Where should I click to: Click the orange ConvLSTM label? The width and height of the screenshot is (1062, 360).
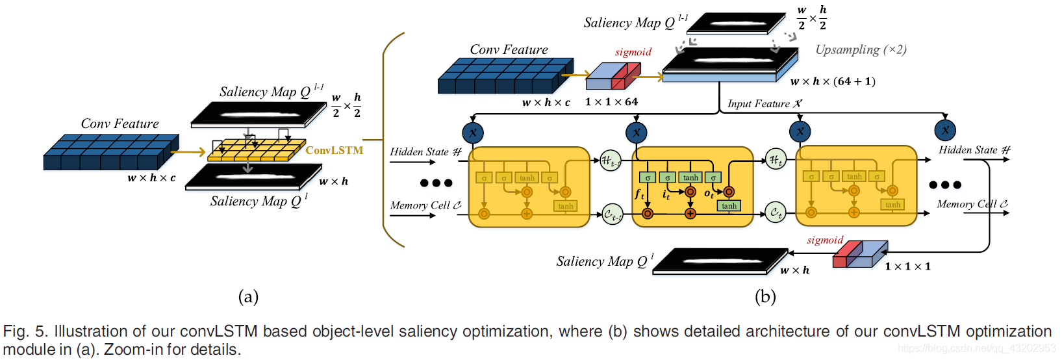tap(334, 150)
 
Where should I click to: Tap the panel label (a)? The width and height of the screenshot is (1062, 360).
tap(248, 297)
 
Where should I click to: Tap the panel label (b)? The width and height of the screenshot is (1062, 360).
tap(765, 297)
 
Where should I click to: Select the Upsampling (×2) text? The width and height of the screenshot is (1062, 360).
tap(861, 50)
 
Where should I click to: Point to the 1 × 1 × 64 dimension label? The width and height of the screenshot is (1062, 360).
tap(611, 102)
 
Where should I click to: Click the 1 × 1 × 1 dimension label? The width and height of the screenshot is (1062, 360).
tap(907, 266)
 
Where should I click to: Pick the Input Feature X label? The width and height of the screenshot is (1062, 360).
tap(765, 104)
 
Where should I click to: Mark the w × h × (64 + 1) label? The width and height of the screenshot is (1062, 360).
tap(833, 81)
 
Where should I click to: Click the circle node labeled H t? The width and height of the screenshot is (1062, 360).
tap(776, 159)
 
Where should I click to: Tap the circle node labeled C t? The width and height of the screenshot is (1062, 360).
tap(776, 212)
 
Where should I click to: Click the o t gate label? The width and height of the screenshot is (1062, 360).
tap(709, 194)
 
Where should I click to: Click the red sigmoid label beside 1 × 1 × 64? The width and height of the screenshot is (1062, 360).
tap(633, 52)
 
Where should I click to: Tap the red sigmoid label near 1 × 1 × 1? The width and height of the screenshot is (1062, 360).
tap(825, 240)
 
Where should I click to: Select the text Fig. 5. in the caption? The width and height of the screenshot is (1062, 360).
tap(25, 331)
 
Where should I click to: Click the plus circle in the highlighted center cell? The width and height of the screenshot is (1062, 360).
tap(690, 214)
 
